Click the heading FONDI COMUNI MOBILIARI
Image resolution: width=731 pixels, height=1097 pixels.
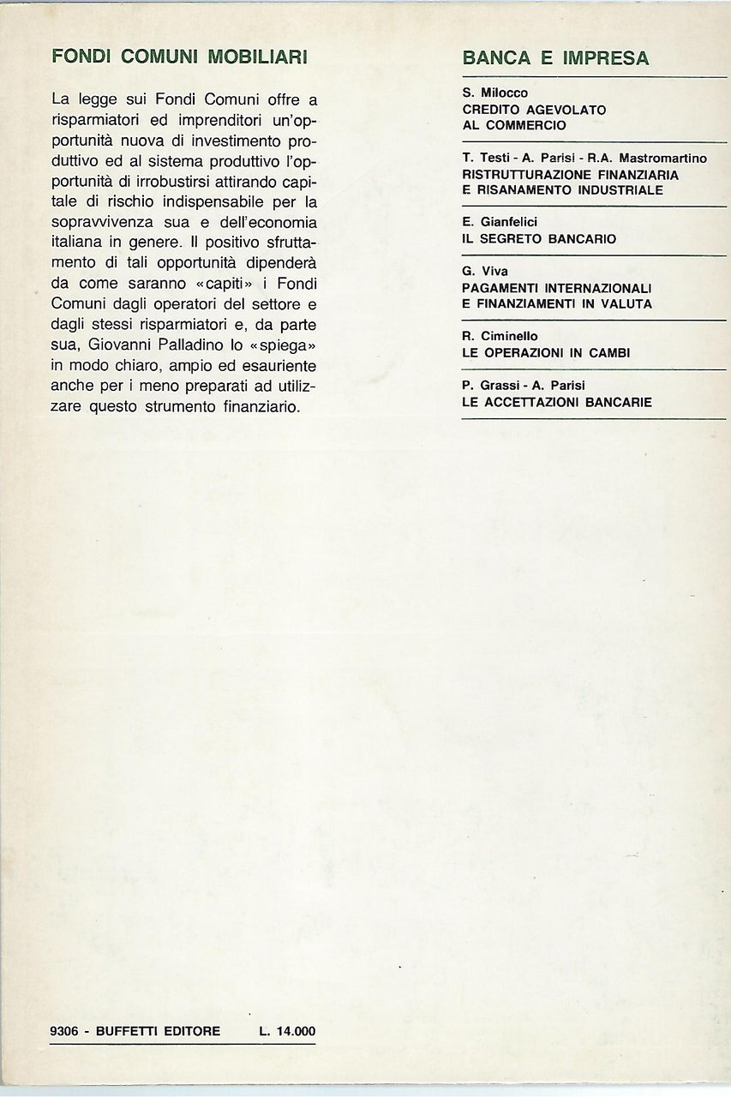(x=180, y=57)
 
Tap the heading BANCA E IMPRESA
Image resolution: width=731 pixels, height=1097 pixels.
(x=555, y=58)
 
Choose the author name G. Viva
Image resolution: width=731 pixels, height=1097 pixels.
(x=484, y=272)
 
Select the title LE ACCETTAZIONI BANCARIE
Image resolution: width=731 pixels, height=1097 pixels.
(x=556, y=401)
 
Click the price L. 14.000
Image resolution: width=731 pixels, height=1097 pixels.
(x=287, y=1031)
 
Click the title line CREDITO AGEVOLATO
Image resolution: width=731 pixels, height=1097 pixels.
(x=533, y=109)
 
